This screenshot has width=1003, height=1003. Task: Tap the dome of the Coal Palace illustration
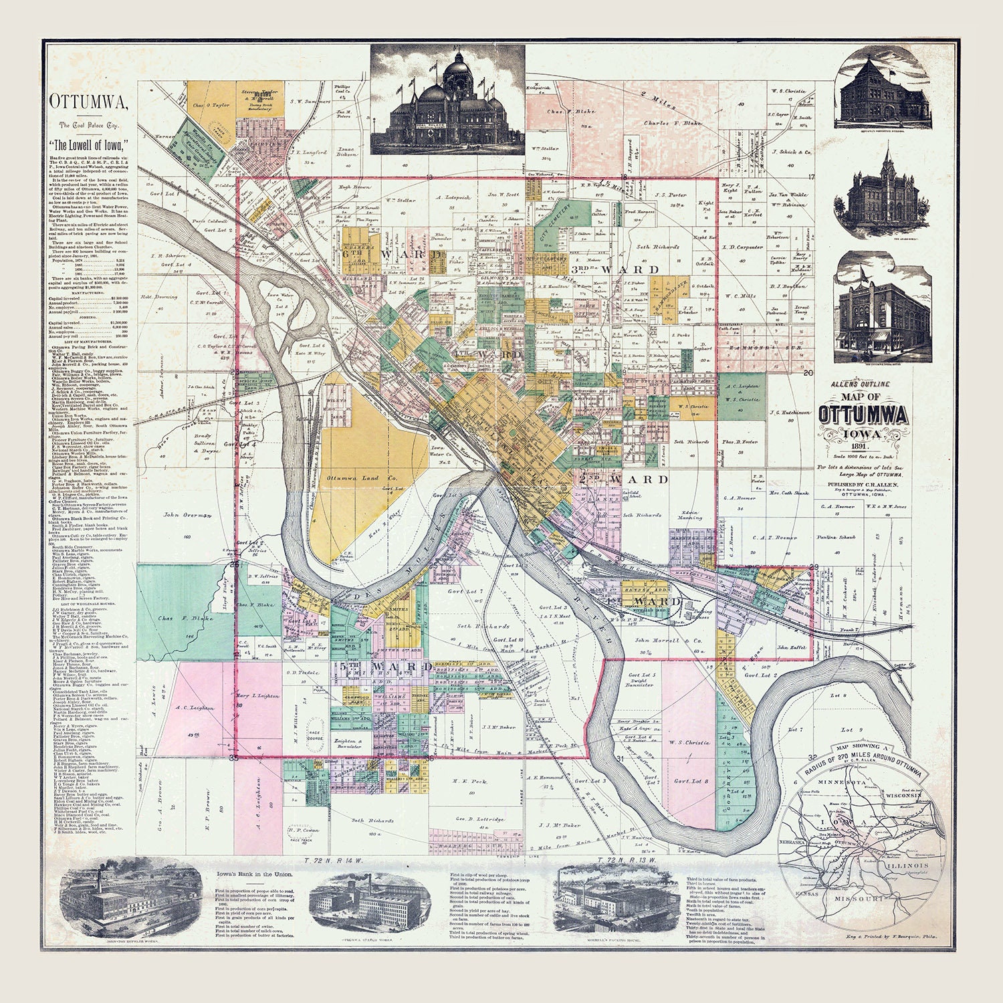pos(457,66)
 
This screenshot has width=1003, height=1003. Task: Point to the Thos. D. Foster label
pos(740,442)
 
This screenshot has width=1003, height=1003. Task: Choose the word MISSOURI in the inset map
pos(859,899)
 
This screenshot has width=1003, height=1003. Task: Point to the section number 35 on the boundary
pos(233,758)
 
